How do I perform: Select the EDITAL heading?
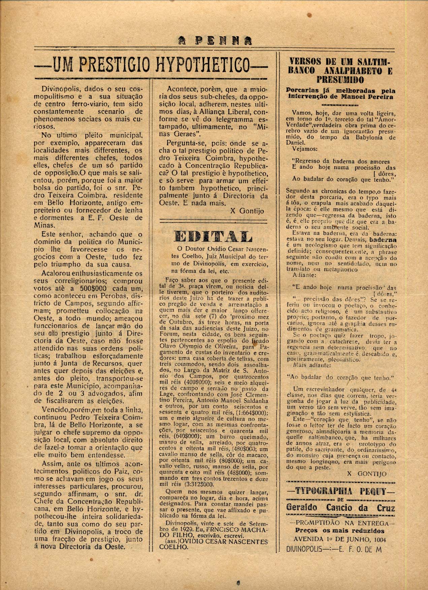click(x=213, y=237)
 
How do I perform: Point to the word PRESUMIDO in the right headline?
click(x=340, y=80)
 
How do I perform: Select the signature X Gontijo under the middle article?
click(x=247, y=211)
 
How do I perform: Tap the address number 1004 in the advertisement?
click(x=379, y=539)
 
